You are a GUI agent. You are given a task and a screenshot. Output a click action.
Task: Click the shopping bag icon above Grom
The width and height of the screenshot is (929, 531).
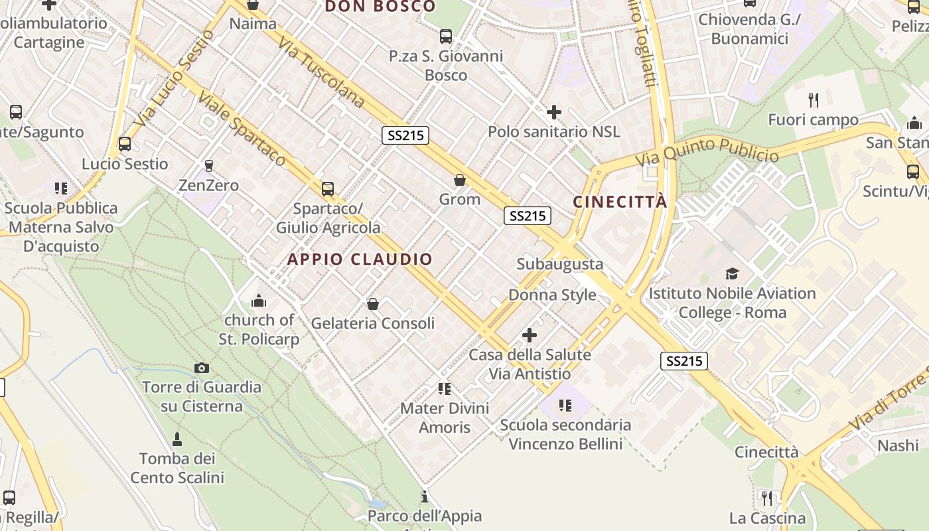459,180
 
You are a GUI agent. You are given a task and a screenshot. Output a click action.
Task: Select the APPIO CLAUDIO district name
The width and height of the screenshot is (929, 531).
360,260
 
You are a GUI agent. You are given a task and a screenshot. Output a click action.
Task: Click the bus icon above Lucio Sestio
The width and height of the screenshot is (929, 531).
124,144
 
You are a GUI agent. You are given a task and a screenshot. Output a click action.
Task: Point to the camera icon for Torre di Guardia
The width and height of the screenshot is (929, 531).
202,368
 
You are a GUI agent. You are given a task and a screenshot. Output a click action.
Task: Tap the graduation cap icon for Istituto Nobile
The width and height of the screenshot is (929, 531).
732,273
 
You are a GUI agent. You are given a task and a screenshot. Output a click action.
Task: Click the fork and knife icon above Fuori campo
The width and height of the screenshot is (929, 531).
814,100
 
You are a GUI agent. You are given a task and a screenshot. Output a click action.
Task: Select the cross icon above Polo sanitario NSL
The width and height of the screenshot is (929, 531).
553,112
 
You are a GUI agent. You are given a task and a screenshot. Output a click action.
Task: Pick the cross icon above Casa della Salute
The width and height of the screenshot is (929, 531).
530,335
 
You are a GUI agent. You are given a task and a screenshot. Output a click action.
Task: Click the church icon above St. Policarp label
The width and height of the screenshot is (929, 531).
259,301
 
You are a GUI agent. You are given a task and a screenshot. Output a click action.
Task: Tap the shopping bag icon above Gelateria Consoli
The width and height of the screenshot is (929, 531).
373,304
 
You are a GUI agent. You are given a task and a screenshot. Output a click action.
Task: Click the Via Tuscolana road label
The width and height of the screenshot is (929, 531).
322,73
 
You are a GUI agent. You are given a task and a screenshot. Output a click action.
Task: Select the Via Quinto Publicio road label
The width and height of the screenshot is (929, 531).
706,152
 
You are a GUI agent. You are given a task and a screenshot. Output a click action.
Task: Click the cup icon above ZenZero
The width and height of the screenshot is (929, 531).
209,165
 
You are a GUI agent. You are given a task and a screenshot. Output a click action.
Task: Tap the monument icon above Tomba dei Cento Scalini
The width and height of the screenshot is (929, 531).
177,439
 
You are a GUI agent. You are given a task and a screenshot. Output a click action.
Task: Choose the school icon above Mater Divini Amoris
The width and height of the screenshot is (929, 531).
445,388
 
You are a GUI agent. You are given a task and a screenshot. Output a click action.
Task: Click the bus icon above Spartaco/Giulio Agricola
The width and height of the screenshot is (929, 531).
328,189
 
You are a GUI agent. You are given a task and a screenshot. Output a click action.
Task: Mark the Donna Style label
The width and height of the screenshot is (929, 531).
552,295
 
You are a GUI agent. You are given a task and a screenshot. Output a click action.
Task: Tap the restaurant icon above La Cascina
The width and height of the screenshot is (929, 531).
766,498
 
